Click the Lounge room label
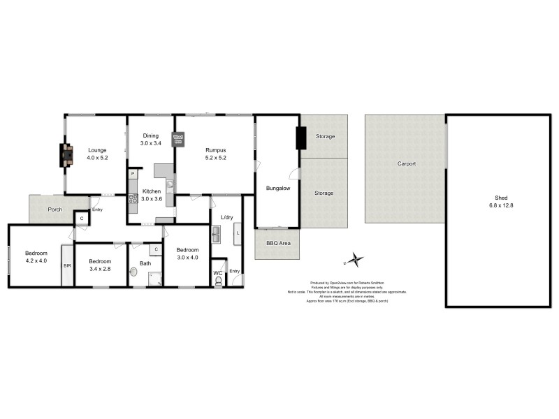click(x=96, y=149)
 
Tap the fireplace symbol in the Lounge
click(x=66, y=154)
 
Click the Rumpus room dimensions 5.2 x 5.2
click(x=215, y=158)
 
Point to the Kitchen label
click(x=152, y=191)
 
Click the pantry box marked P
click(x=132, y=172)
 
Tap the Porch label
click(x=55, y=209)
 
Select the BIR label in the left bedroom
click(x=67, y=266)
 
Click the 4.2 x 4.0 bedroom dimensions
click(x=36, y=261)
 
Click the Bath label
click(x=145, y=263)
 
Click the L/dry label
click(x=226, y=218)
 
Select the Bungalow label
click(x=277, y=188)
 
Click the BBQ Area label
click(x=277, y=244)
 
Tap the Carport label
click(x=406, y=163)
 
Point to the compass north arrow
click(x=356, y=260)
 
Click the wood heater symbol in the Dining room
click(x=178, y=138)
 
